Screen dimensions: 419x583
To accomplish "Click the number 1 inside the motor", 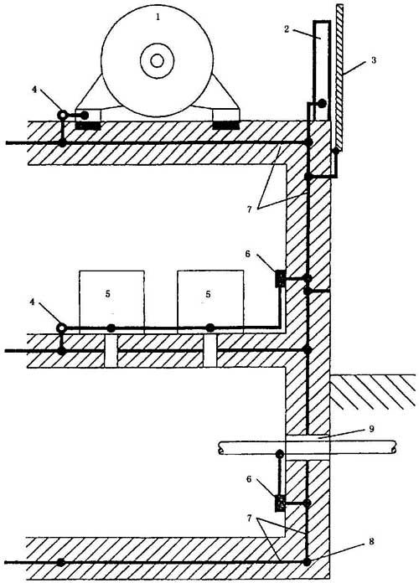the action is [158, 17].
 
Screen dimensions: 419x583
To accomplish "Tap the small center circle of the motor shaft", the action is [157, 60].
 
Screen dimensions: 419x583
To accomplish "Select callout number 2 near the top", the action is [287, 29].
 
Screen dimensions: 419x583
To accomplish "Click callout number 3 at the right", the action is [374, 59].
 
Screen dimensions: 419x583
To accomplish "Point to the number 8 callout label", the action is [371, 541].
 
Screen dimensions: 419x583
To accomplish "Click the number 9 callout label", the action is [371, 429].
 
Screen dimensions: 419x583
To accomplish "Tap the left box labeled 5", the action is [111, 299].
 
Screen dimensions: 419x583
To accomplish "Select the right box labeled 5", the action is [210, 299].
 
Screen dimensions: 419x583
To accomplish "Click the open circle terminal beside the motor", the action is [63, 116].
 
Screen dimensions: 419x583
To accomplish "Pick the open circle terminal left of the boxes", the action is [61, 328].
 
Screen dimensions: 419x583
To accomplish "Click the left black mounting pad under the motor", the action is [88, 126].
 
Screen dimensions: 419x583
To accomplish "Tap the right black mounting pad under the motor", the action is [225, 126].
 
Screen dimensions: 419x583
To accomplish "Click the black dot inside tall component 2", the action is [322, 103].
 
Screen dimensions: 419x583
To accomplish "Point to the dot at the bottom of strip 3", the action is [336, 151].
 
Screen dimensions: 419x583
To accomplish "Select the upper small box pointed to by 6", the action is [280, 278].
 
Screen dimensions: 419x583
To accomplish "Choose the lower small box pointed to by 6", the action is [280, 503].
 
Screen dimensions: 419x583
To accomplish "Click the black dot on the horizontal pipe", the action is [279, 454].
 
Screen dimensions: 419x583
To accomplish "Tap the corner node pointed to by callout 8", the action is [307, 562].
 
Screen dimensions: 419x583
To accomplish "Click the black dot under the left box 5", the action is [111, 328].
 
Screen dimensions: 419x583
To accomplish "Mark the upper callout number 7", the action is [250, 209].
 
